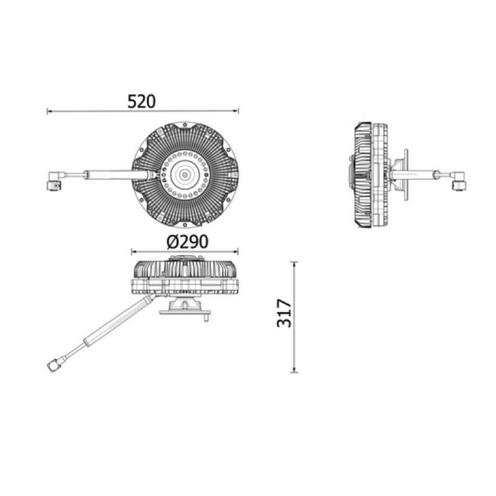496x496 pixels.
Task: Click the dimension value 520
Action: point(141,102)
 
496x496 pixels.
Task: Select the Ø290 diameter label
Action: point(187,242)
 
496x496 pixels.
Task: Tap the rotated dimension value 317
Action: point(284,313)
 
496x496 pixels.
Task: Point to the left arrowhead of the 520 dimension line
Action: point(50,111)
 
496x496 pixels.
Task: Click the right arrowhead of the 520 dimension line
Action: point(236,111)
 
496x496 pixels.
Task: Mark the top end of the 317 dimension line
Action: point(294,262)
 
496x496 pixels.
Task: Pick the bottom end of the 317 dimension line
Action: point(294,372)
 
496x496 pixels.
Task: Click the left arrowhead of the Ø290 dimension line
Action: point(134,252)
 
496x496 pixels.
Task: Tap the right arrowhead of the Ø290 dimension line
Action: point(236,252)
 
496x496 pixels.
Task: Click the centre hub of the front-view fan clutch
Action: point(184,174)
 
